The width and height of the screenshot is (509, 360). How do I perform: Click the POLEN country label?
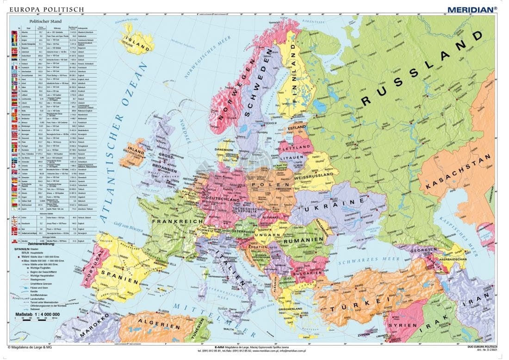click(265, 186)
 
